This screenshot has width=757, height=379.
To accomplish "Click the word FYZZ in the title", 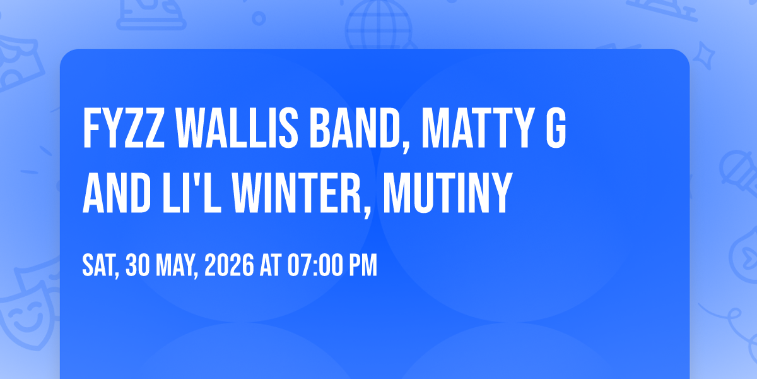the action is click(x=124, y=128).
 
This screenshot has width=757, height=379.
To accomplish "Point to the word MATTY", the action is click(x=475, y=128).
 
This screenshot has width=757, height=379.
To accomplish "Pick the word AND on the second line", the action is click(x=117, y=193).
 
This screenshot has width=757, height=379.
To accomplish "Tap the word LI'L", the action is click(x=192, y=193).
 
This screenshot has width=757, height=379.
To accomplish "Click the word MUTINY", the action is click(x=447, y=193).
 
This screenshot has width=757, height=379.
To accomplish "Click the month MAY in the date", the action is click(x=177, y=267).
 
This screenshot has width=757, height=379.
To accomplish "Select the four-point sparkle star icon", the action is click(x=703, y=56).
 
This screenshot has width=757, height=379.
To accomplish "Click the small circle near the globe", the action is click(x=259, y=18).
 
